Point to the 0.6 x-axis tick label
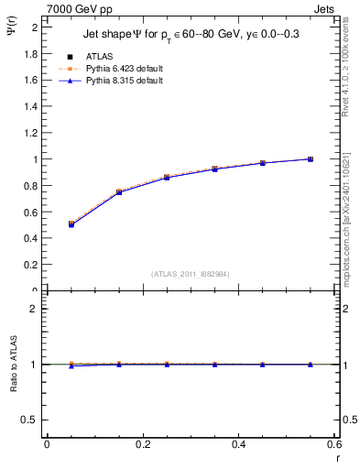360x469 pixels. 334,444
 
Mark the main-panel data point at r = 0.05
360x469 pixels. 71,224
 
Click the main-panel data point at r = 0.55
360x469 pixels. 311,159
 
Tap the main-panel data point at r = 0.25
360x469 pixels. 167,177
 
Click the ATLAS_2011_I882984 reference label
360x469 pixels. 190,275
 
